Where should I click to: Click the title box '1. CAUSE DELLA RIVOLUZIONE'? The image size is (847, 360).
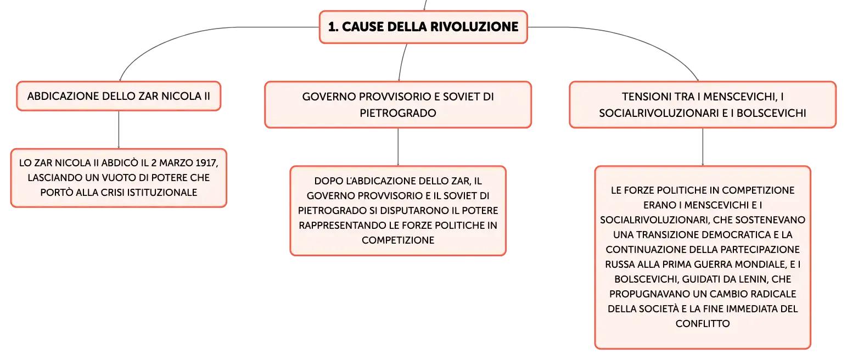tap(423, 27)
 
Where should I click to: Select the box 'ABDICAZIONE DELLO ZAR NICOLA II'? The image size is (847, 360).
tap(119, 96)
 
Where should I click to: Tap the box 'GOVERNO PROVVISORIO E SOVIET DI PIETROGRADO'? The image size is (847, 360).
tap(398, 105)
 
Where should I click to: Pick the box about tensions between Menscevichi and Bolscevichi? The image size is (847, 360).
tap(703, 105)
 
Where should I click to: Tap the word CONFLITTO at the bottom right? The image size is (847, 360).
tap(703, 324)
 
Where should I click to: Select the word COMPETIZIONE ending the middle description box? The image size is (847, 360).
tap(398, 240)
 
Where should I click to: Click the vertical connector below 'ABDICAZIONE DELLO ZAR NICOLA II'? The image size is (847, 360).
tap(119, 130)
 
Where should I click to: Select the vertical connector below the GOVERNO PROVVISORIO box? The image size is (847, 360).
tap(398, 147)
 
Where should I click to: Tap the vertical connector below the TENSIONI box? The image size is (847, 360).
tap(703, 147)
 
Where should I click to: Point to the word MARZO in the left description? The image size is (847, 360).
tap(171, 163)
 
